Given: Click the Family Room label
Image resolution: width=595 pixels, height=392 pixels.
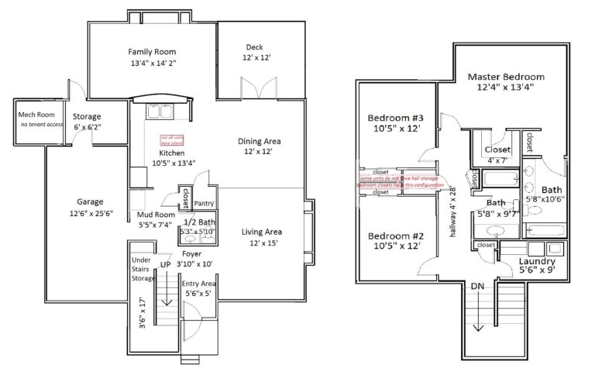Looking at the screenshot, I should click(153, 52).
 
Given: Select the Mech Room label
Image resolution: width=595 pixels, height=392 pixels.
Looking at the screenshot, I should click(36, 115).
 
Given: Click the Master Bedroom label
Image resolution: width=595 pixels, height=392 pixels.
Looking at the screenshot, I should click(506, 77).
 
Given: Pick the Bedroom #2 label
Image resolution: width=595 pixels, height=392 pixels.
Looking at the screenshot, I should click(394, 236).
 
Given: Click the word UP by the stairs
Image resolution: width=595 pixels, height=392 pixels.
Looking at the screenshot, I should click(164, 264).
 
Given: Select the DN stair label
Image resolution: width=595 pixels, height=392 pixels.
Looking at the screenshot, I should click(477, 286).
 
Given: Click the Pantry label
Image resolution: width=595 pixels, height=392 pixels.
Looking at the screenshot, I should click(204, 204).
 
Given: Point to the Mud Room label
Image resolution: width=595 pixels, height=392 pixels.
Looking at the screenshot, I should click(156, 214).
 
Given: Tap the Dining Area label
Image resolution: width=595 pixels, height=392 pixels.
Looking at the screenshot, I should click(259, 141).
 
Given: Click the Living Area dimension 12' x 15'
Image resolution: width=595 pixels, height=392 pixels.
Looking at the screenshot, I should click(261, 243).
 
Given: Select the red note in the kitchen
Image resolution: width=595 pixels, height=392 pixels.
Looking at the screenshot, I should click(171, 140).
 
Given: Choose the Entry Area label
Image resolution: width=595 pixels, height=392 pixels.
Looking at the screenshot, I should click(198, 284).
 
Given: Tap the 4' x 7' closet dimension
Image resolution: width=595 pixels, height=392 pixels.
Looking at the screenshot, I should click(497, 160).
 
